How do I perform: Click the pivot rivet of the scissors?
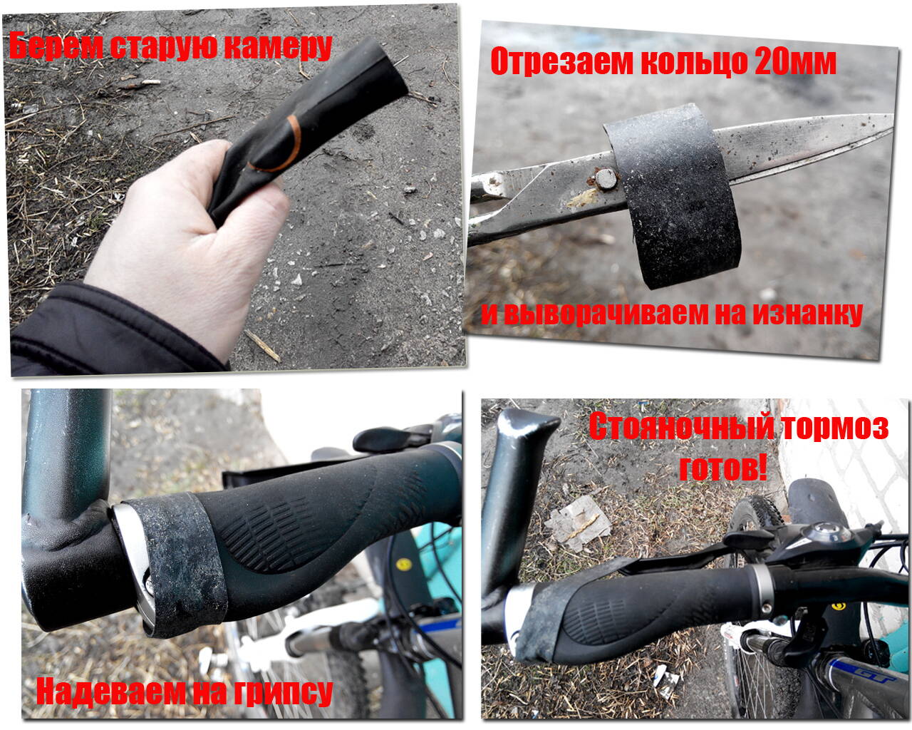pyautogui.click(x=606, y=179)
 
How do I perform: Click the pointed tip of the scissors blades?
pyautogui.click(x=893, y=121)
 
